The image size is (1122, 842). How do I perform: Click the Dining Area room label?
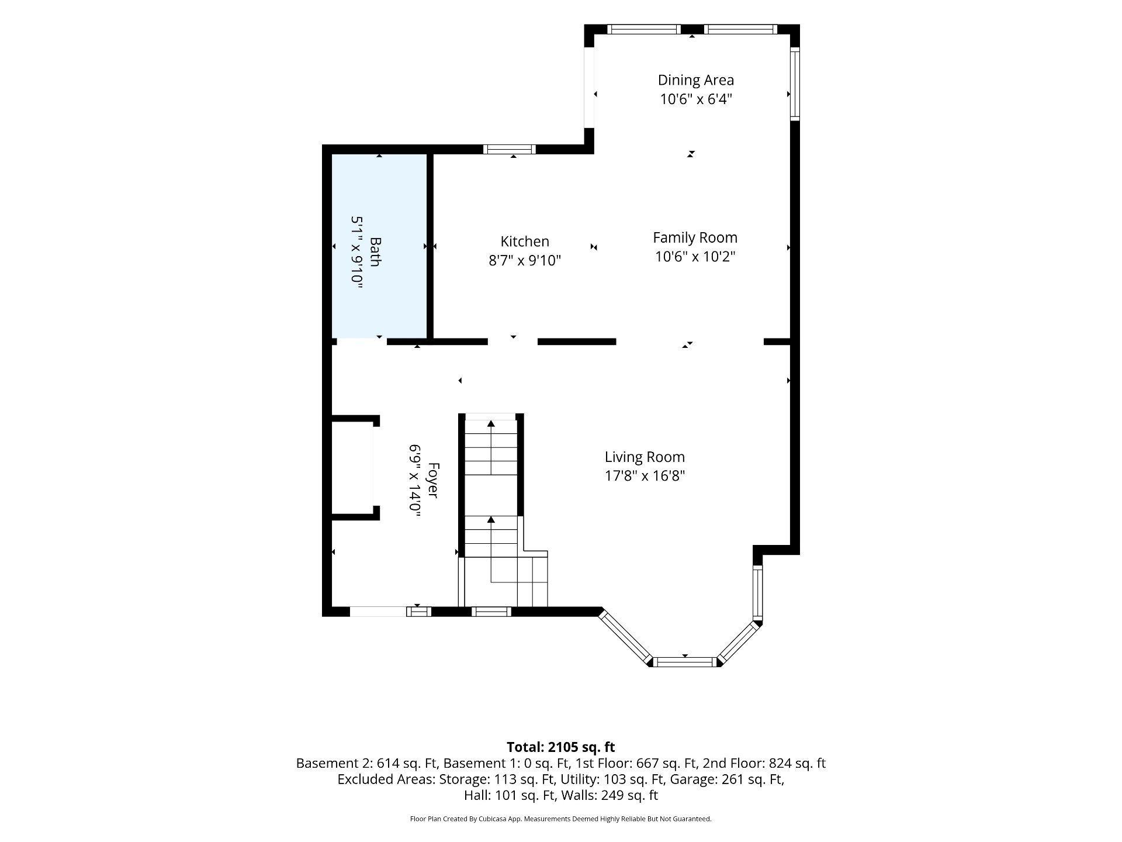(x=695, y=80)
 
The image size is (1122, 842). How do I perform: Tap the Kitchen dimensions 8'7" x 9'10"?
(x=525, y=260)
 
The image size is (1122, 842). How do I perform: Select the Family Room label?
(x=695, y=237)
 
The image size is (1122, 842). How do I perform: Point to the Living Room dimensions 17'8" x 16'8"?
(x=645, y=475)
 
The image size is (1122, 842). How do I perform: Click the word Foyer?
(x=433, y=480)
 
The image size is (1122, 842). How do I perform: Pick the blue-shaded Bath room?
(x=379, y=246)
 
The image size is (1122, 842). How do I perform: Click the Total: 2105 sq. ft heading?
(x=560, y=747)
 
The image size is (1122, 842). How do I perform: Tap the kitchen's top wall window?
(x=510, y=149)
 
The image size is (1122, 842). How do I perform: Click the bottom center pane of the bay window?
(x=684, y=662)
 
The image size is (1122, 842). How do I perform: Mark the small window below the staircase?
(x=491, y=612)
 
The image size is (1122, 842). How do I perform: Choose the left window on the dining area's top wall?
(x=644, y=29)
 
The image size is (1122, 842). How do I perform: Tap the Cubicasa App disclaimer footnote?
(x=560, y=819)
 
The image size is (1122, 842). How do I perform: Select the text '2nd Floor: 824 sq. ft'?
(x=764, y=763)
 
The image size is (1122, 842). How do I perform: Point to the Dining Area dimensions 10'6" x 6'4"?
(x=696, y=99)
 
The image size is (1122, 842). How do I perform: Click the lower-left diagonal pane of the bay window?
(x=625, y=637)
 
